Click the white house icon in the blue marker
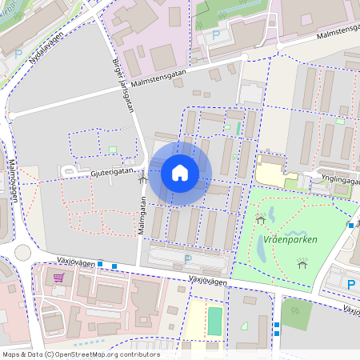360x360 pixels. (180, 173)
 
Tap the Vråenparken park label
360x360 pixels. (290, 239)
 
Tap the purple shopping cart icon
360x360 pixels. (58, 278)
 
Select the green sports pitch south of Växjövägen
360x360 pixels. (214, 322)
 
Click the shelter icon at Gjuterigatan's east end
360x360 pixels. (143, 178)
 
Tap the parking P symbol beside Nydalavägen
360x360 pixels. (18, 54)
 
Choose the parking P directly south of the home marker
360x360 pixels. (188, 258)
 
